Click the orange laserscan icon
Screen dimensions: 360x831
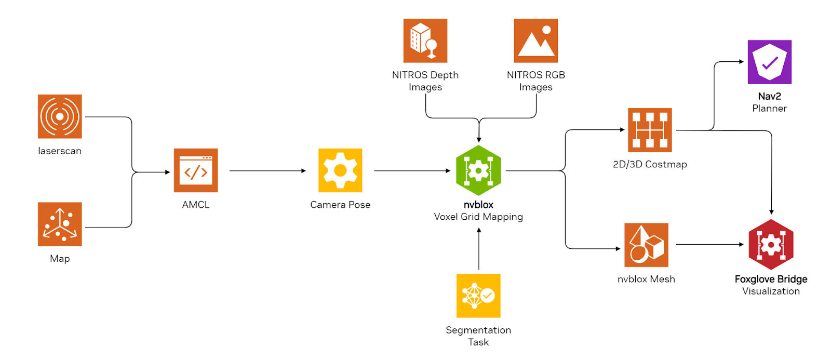[x=60, y=116]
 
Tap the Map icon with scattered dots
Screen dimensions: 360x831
[x=60, y=224]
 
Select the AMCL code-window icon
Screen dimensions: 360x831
[x=196, y=170]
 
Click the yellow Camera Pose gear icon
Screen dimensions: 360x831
[x=340, y=170]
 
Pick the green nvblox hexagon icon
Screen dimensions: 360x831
[x=478, y=170]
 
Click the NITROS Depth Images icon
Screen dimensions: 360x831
[x=425, y=41]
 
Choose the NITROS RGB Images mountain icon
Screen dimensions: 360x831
[x=535, y=41]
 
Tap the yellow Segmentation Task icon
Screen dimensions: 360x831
[x=478, y=296]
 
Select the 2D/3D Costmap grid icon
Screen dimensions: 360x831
[x=650, y=130]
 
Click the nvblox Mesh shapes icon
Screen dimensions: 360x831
[x=646, y=245]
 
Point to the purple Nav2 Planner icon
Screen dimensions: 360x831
[x=769, y=62]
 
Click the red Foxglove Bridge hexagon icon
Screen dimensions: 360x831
[x=771, y=245]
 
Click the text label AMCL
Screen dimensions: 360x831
[x=196, y=205]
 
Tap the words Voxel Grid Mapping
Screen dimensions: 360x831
[x=478, y=217]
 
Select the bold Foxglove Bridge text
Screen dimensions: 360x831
[x=771, y=279]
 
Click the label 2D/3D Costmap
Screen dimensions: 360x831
[x=650, y=164]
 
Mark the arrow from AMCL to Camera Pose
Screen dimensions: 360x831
[x=267, y=170]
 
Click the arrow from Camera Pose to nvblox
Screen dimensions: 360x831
[x=412, y=170]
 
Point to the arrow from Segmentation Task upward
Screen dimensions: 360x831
[x=479, y=249]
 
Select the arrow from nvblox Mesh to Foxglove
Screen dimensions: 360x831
[x=709, y=244]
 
